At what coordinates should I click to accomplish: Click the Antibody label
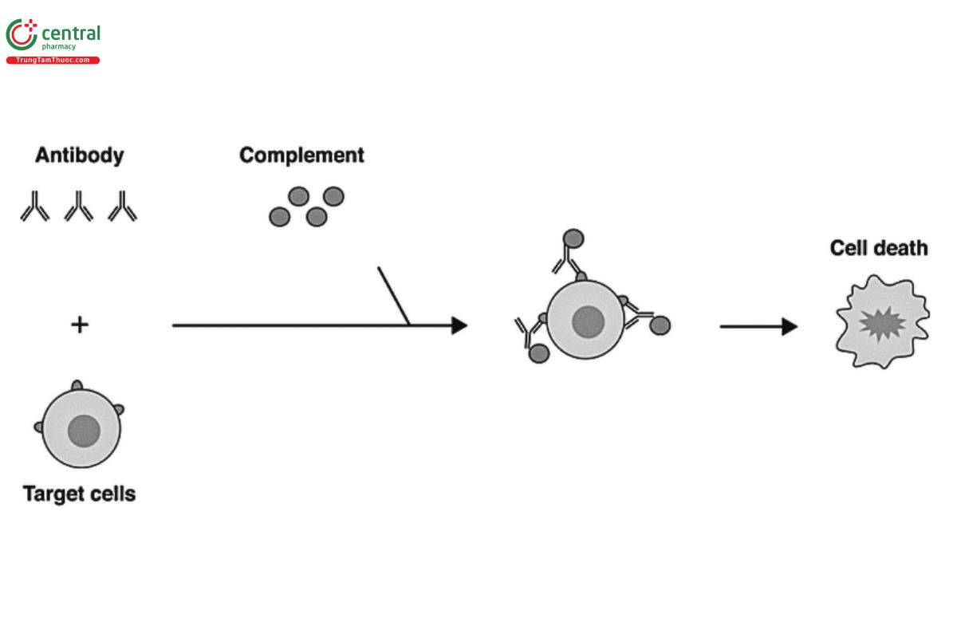[x=79, y=155]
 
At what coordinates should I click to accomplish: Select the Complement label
[x=301, y=155]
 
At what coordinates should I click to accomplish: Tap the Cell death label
[x=879, y=248]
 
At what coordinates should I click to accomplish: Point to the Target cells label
[x=79, y=494]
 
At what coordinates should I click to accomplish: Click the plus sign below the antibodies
[x=79, y=325]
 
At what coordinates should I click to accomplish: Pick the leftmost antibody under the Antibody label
[x=34, y=206]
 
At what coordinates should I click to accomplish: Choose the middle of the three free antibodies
[x=79, y=206]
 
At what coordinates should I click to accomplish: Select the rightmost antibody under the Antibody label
[x=123, y=206]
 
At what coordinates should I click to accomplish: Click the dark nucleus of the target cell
[x=84, y=431]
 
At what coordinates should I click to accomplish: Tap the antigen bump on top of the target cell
[x=77, y=386]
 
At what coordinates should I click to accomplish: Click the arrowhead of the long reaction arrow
[x=459, y=325]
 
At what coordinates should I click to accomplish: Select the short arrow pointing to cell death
[x=758, y=326]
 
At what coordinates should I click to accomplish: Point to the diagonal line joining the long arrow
[x=393, y=296]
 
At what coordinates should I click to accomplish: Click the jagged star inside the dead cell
[x=881, y=325]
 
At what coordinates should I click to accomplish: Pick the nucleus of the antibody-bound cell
[x=588, y=321]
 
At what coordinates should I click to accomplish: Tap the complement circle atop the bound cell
[x=573, y=238]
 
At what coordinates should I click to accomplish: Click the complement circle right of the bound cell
[x=660, y=325]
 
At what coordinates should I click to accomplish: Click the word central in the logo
[x=70, y=33]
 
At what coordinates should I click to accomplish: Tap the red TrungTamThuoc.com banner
[x=53, y=61]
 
